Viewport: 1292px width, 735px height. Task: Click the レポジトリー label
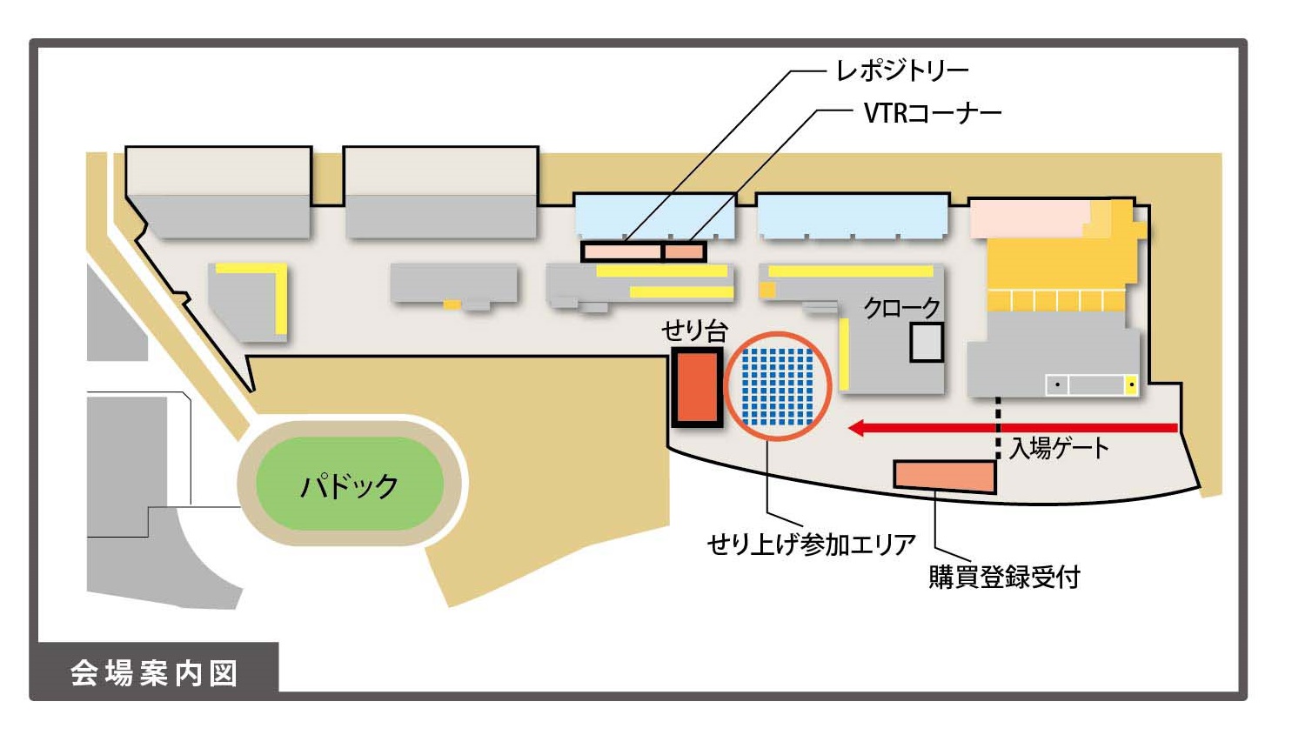[901, 70]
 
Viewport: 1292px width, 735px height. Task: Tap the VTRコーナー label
[932, 113]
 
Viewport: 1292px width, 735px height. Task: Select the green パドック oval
[349, 484]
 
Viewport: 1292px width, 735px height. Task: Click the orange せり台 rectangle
[696, 386]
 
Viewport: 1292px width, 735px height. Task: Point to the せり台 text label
[693, 331]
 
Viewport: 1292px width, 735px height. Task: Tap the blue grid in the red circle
[777, 386]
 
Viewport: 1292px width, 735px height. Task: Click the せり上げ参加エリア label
[811, 545]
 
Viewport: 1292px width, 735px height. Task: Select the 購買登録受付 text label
[1004, 577]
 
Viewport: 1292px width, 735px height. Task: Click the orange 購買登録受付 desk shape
[945, 476]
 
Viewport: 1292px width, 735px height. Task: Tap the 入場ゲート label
[1059, 449]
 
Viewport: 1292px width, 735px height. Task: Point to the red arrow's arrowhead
[857, 428]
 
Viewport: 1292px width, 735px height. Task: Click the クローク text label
[901, 307]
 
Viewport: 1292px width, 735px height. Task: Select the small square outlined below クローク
[927, 342]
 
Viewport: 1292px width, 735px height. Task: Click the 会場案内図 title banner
[154, 672]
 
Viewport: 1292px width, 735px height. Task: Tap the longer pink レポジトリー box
[621, 252]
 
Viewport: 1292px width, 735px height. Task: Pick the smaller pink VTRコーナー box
[685, 252]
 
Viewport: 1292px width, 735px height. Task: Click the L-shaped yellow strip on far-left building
[280, 291]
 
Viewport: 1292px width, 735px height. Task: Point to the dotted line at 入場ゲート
[998, 428]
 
